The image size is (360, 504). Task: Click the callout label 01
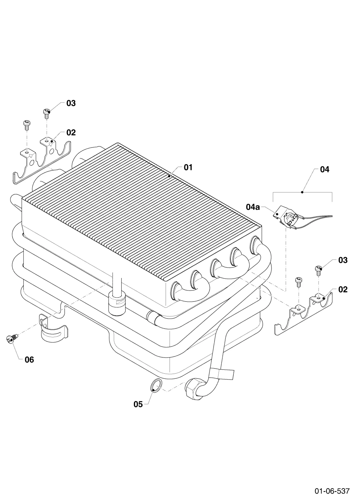click(188, 167)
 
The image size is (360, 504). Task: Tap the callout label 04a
click(253, 207)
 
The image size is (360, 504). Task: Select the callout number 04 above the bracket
click(324, 170)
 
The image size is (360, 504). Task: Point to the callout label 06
click(29, 360)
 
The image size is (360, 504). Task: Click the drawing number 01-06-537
click(332, 489)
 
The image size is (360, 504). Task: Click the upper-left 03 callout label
click(71, 103)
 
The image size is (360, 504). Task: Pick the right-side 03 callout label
click(343, 260)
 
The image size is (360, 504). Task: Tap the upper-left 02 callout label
click(71, 132)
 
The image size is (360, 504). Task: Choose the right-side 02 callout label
click(343, 289)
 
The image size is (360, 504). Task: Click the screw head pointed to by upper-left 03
click(46, 111)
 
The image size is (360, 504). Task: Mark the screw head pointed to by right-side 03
click(319, 268)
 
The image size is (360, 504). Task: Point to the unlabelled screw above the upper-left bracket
click(27, 125)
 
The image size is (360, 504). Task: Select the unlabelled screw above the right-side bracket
click(298, 282)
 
